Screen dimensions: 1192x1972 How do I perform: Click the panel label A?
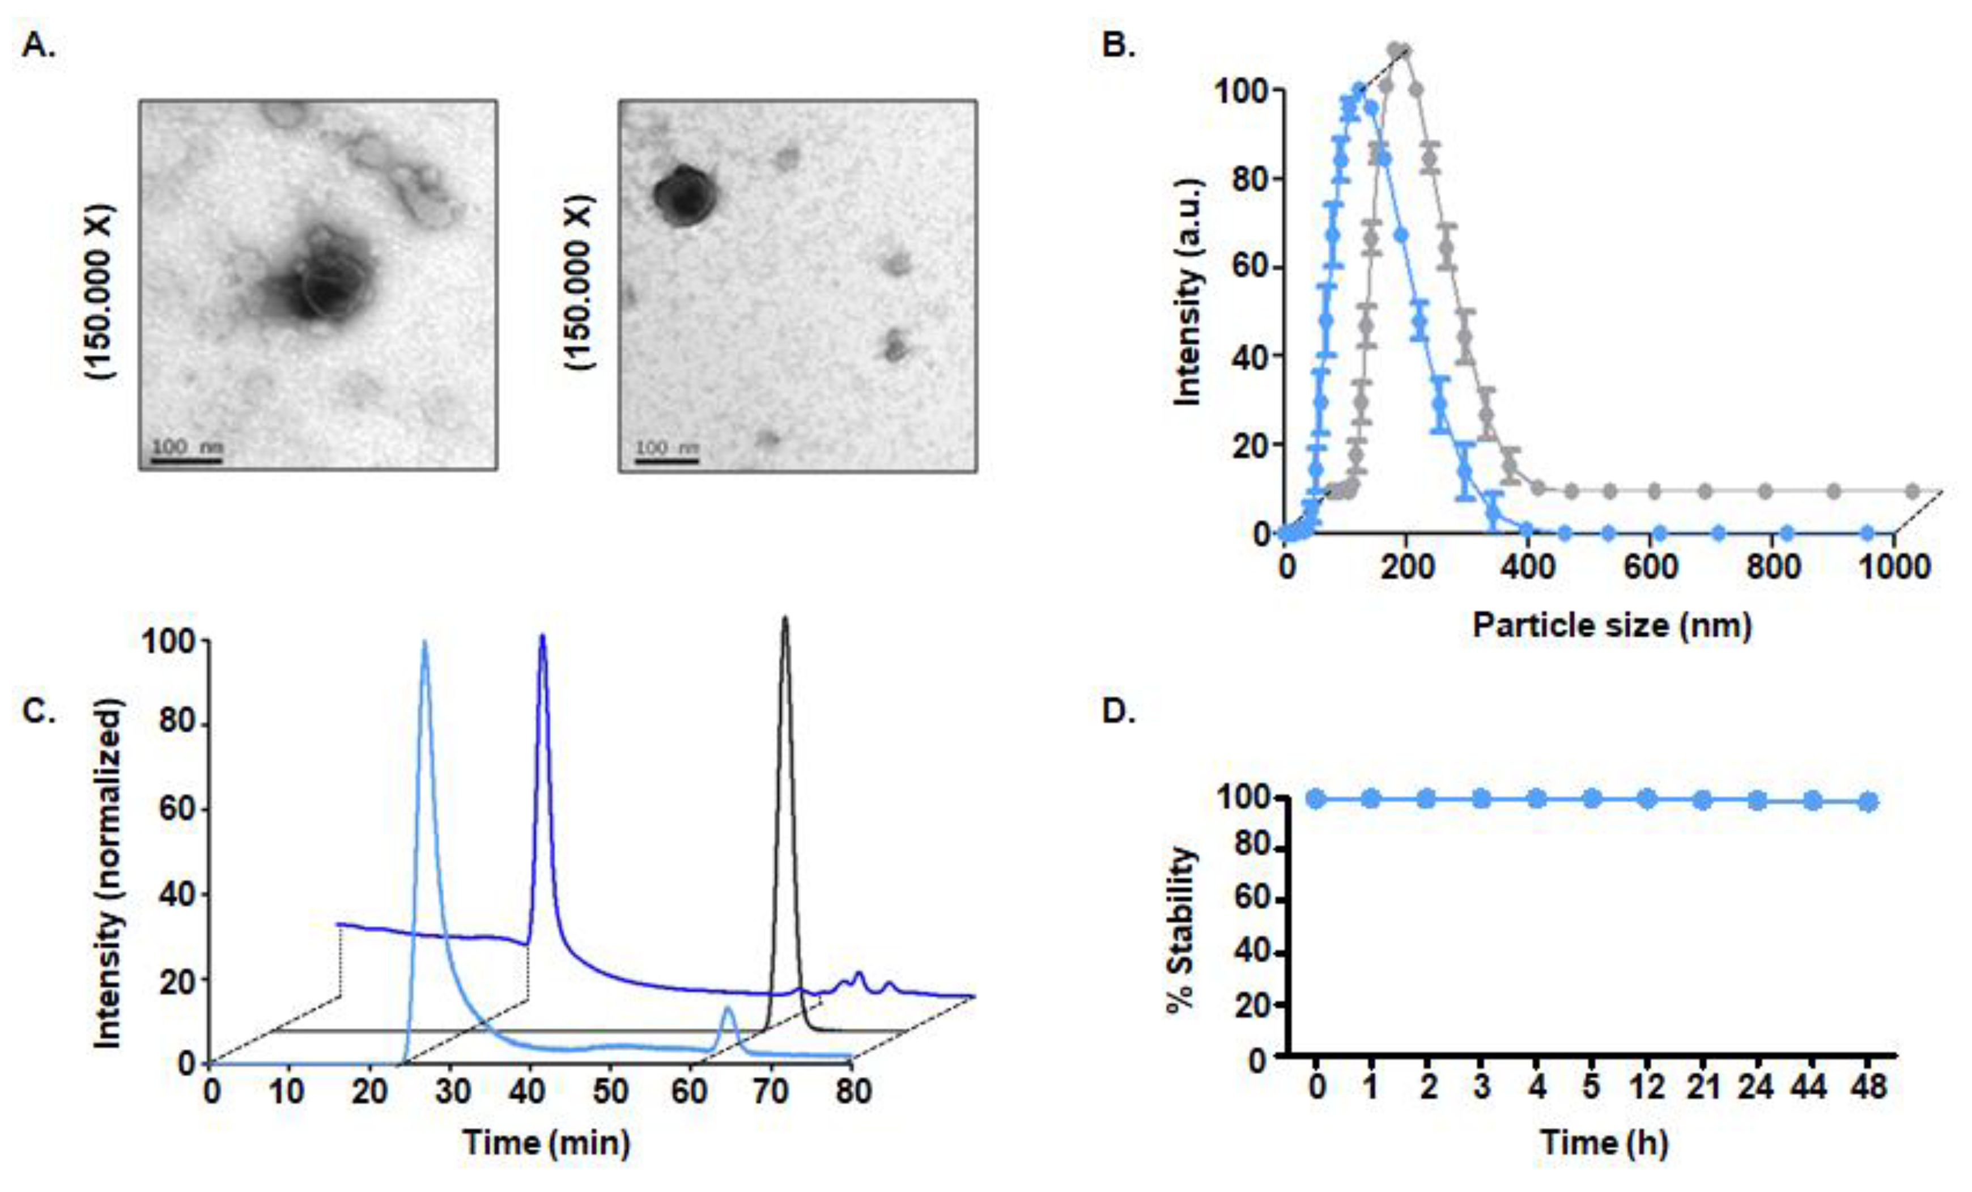(39, 46)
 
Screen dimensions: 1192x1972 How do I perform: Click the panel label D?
(1118, 711)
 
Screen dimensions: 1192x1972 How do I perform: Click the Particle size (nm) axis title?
(1612, 625)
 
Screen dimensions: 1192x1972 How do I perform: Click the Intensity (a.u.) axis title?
(1188, 292)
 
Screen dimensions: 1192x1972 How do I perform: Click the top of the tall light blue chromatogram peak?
(424, 643)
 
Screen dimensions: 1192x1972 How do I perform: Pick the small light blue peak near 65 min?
(728, 1010)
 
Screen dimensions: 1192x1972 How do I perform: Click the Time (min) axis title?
(546, 1142)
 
